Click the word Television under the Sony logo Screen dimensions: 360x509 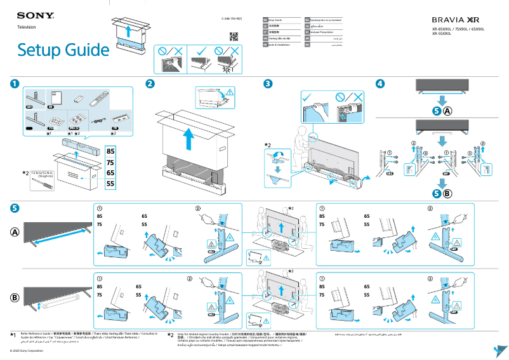tap(26, 28)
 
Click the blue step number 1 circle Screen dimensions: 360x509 tap(14, 83)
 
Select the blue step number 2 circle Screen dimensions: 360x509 tap(150, 83)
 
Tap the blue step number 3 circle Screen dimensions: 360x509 tap(268, 83)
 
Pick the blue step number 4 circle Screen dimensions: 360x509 tap(380, 83)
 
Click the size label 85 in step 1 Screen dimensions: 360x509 tap(110, 151)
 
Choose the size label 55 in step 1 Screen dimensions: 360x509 tap(110, 183)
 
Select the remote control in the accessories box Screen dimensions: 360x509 tap(99, 99)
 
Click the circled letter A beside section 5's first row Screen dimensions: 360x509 tap(15, 232)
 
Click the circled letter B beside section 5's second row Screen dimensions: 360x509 tap(15, 297)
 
